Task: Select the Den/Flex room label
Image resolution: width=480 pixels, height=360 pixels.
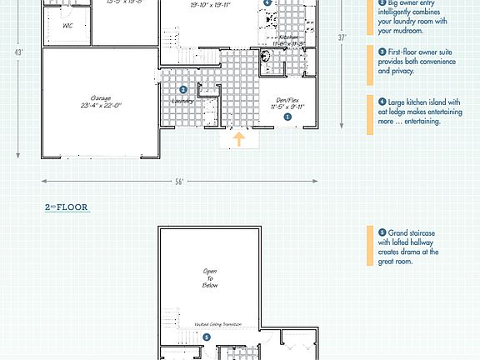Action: coord(288,102)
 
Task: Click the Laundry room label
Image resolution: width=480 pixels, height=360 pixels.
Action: coord(182,101)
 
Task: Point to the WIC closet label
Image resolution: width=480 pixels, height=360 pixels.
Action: coord(67,26)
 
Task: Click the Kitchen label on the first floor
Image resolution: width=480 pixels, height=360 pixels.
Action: coord(288,37)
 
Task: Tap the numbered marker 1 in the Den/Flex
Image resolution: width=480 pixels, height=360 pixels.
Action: coord(288,117)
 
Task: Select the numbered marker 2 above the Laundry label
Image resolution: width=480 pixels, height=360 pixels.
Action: coord(183,89)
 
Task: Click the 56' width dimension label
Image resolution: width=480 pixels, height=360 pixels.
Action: coord(178,181)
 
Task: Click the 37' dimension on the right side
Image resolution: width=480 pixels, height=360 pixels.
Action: coord(342,37)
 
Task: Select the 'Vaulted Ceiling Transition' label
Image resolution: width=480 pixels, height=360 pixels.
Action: coord(217,323)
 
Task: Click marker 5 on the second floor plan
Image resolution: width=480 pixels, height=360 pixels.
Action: coord(207,337)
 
